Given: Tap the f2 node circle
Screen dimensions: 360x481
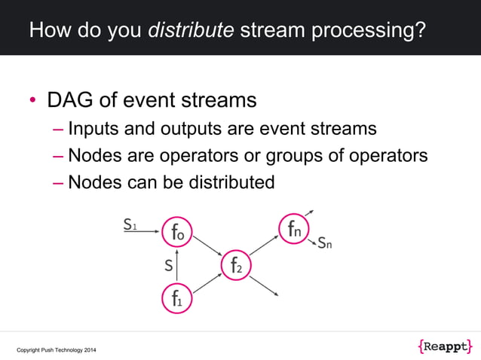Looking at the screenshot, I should click(x=235, y=265).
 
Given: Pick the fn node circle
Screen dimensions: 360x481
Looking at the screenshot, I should click(x=294, y=229).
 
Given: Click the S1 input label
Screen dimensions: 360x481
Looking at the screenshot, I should click(x=130, y=224).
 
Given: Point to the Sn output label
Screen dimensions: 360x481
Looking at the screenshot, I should click(x=325, y=243).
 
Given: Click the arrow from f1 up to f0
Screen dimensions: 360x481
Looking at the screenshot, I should click(x=176, y=264).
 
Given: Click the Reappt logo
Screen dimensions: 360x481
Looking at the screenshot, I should click(x=444, y=346).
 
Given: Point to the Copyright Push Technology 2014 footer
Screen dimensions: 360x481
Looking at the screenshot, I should click(x=57, y=350).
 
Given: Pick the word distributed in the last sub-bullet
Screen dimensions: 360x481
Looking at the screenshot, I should click(x=227, y=182).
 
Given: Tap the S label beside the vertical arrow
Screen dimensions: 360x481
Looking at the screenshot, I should click(x=168, y=265).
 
